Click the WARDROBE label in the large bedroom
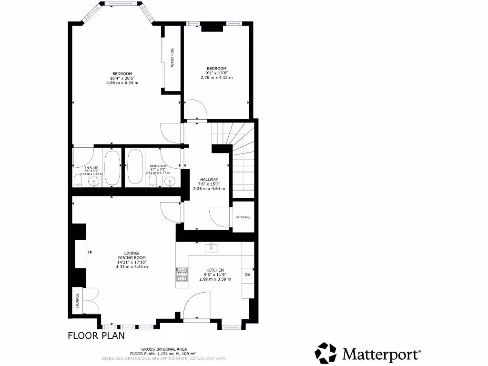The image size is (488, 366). [172, 58]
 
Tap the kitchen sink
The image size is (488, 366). [211, 248]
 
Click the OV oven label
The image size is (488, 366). [247, 275]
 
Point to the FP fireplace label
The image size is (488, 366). [89, 252]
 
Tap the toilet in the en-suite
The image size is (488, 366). [78, 180]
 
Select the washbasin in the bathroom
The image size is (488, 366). [170, 181]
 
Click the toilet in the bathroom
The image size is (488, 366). [153, 181]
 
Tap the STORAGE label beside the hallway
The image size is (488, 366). [243, 217]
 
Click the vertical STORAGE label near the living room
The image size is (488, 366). [77, 301]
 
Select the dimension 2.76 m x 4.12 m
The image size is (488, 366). [216, 78]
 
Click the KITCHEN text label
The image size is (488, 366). [215, 270]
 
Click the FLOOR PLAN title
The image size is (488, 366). [96, 335]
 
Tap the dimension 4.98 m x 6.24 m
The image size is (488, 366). [122, 83]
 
